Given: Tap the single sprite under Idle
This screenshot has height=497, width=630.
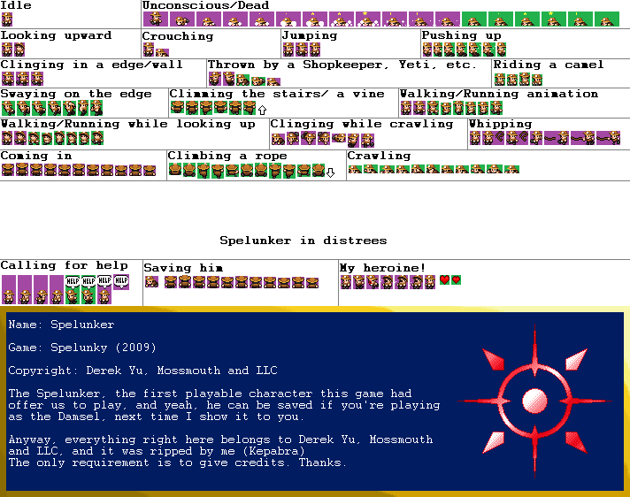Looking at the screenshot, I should click(7, 19).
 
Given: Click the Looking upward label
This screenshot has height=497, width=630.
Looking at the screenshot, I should click(57, 35).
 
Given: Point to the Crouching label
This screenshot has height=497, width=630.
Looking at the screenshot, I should click(177, 36).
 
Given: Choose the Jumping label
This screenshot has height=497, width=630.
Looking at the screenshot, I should click(310, 35).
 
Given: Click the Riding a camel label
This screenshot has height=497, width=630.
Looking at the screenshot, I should click(549, 65).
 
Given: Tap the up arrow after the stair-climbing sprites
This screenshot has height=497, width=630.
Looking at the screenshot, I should click(262, 110).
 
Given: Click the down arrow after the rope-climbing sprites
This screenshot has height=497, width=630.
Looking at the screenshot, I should click(330, 172).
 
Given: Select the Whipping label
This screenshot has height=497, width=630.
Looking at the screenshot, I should click(500, 124).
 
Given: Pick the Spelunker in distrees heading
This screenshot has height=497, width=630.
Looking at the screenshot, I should click(303, 240).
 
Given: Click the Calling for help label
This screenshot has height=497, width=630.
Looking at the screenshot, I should click(64, 265).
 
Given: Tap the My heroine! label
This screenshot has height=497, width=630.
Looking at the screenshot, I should click(382, 267).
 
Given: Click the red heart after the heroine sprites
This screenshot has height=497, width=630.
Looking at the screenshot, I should click(444, 280).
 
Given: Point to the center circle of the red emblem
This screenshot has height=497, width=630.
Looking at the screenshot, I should click(535, 401).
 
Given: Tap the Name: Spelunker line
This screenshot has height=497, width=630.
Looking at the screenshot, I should click(61, 325).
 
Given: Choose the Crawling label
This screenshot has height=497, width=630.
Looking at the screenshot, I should click(379, 156).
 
